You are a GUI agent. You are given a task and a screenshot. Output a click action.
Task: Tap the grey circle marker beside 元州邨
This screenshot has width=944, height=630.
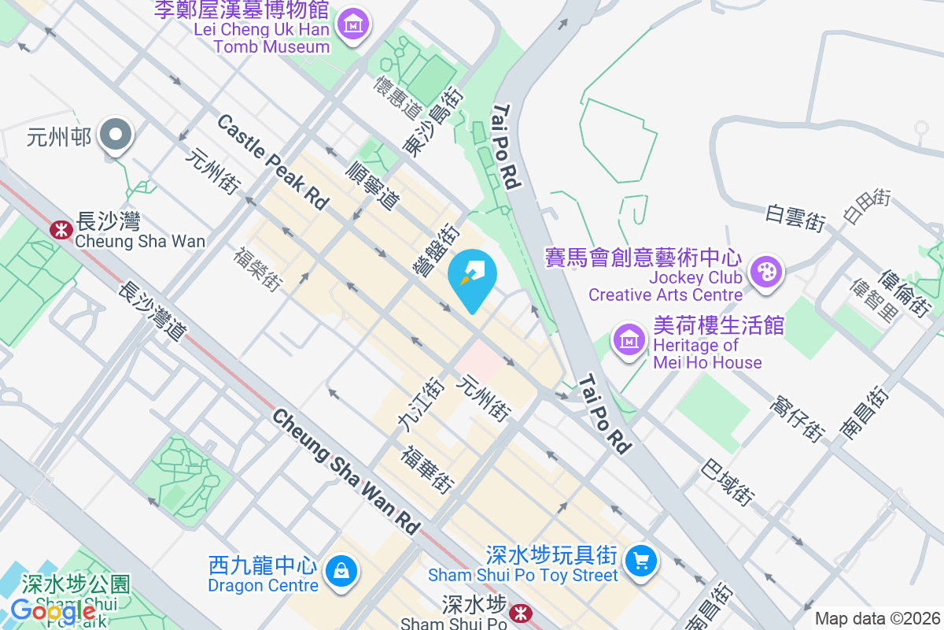click(116, 136)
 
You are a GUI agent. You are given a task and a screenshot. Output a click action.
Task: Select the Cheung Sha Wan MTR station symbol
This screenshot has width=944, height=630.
click(58, 230)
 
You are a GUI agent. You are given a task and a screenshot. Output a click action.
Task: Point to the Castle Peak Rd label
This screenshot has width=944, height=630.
click(272, 161)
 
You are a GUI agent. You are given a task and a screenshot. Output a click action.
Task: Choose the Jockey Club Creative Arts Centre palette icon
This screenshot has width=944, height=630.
click(763, 272)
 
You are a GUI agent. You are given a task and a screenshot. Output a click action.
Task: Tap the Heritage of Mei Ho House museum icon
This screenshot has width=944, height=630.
click(629, 339)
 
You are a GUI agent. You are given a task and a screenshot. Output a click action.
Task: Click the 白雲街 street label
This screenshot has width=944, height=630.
click(795, 218)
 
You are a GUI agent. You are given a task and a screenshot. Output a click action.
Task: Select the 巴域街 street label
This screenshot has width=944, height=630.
click(728, 480)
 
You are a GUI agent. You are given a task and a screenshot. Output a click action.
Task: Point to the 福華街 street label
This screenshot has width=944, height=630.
click(428, 470)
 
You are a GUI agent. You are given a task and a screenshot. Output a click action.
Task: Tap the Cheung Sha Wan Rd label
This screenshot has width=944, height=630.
click(347, 472)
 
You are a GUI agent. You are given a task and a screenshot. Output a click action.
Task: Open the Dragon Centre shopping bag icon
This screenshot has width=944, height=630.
click(341, 569)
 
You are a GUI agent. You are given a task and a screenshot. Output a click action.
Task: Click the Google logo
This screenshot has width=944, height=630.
click(53, 610)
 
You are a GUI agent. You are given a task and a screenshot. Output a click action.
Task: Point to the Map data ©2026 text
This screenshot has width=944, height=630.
click(877, 618)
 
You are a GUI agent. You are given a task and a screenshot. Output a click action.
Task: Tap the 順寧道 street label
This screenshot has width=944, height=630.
click(373, 184)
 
